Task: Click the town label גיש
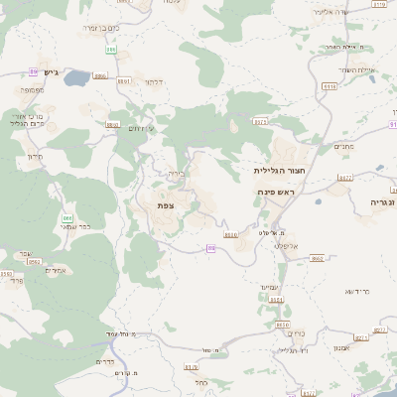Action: pos(53,71)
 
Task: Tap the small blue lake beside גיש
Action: pos(77,77)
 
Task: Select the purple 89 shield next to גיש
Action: pos(34,71)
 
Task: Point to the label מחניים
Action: pos(343,146)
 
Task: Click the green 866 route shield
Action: pos(67,217)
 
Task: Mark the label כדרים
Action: pos(106,361)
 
